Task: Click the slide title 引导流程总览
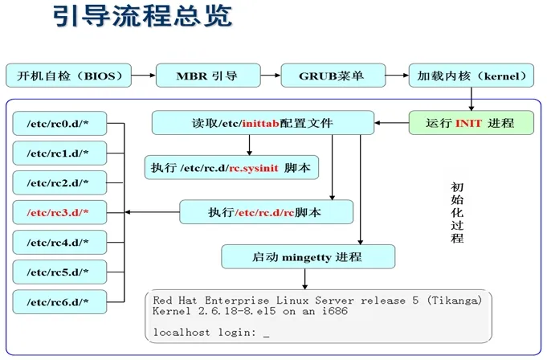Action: pyautogui.click(x=143, y=16)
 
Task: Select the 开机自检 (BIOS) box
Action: pyautogui.click(x=69, y=76)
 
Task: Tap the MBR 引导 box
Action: pyautogui.click(x=208, y=76)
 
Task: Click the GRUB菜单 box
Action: pyautogui.click(x=333, y=76)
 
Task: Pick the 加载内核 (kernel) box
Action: pyautogui.click(x=471, y=76)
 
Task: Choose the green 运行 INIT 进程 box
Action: pyautogui.click(x=471, y=123)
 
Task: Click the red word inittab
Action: pyautogui.click(x=260, y=123)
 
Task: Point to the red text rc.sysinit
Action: pyautogui.click(x=254, y=168)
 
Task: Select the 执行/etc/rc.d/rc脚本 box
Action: pyautogui.click(x=266, y=212)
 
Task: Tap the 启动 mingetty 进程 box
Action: pyautogui.click(x=308, y=257)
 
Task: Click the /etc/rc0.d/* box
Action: pyautogui.click(x=59, y=124)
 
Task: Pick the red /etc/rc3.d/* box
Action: pyautogui.click(x=59, y=212)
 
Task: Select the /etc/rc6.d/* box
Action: pyautogui.click(x=59, y=302)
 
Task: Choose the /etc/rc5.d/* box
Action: pyautogui.click(x=59, y=272)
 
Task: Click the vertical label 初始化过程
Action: pyautogui.click(x=457, y=212)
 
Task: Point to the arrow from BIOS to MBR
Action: pyautogui.click(x=144, y=76)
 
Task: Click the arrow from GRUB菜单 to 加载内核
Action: pyautogui.click(x=397, y=76)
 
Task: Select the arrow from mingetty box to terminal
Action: pyautogui.click(x=305, y=279)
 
